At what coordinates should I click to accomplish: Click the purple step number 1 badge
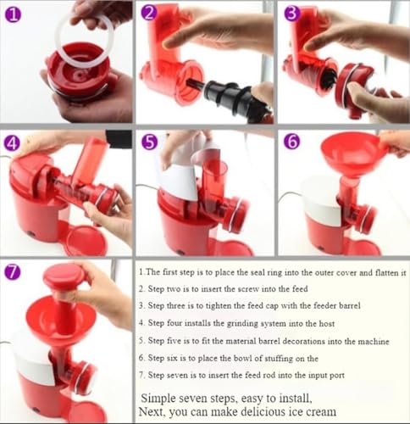tap(14, 15)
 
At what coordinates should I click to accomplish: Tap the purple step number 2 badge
tap(149, 14)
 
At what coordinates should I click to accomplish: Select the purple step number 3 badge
tap(292, 14)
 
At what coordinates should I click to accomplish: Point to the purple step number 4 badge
tap(12, 143)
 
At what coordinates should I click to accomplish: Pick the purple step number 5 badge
tap(150, 142)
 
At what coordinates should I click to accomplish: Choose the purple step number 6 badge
tap(292, 142)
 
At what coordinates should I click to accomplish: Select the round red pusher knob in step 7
tap(63, 277)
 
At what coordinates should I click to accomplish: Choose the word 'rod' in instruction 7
tap(269, 376)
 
